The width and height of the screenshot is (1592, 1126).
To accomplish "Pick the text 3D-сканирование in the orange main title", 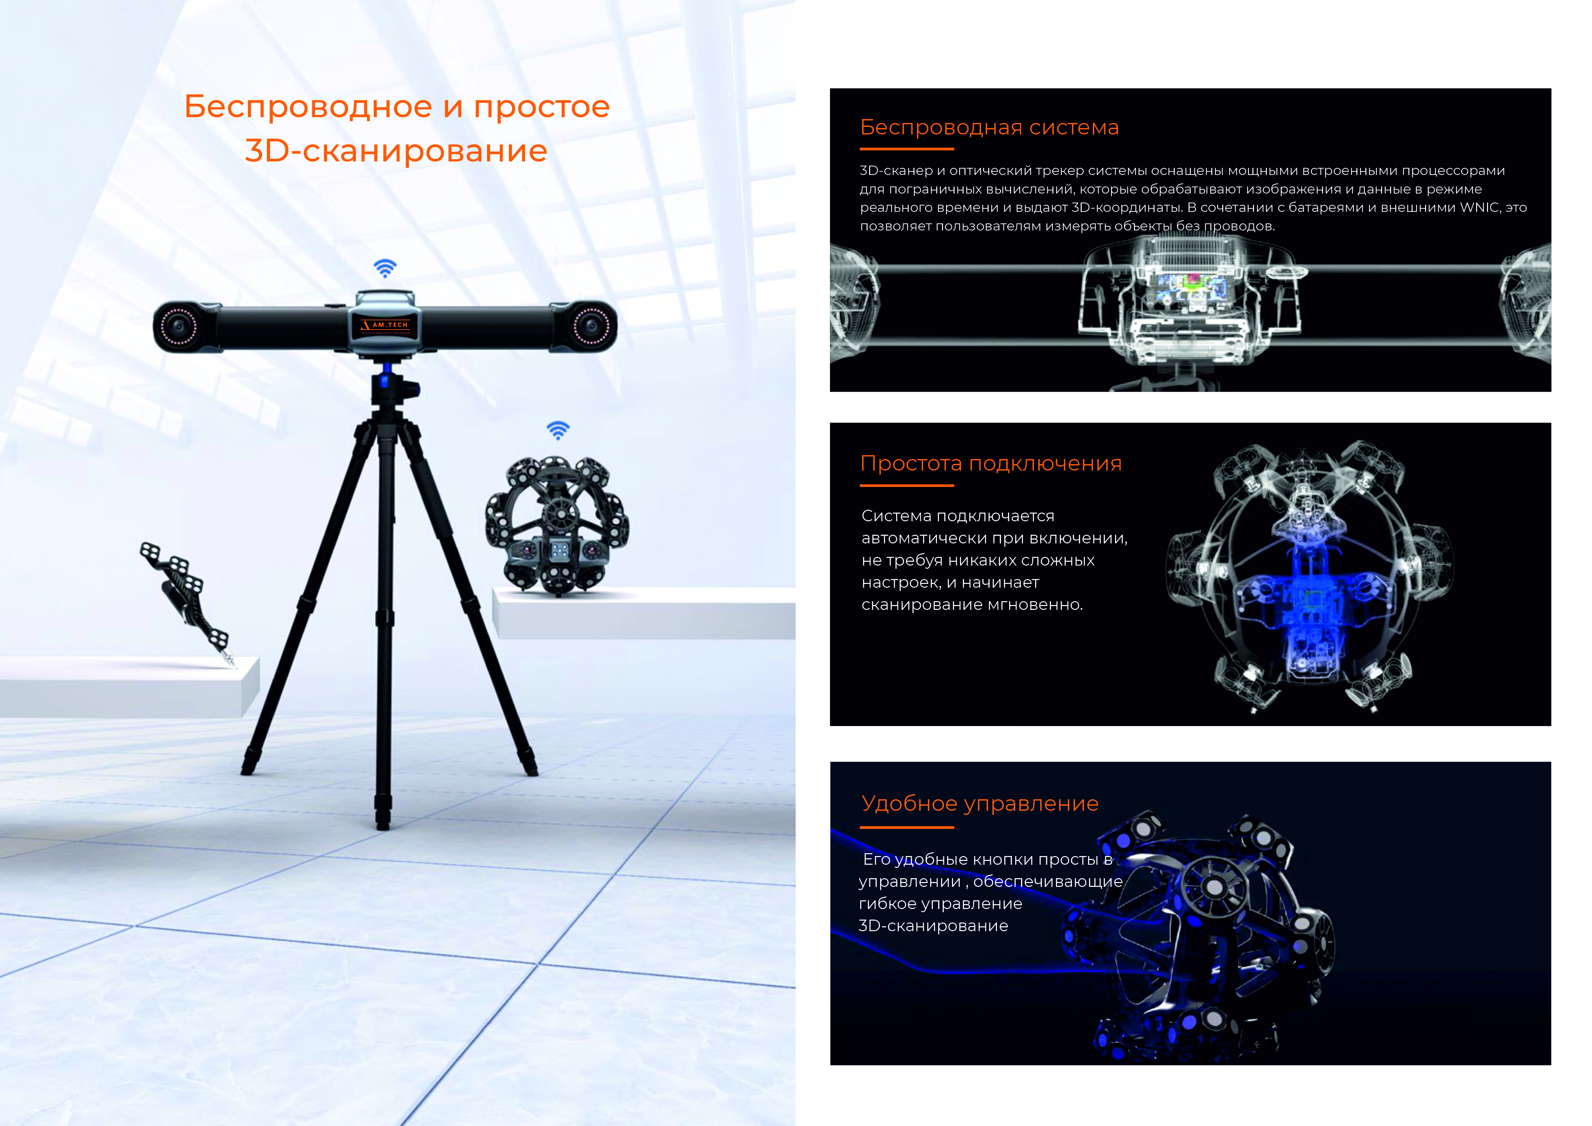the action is coord(396,151).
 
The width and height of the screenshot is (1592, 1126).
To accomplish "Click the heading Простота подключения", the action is coord(991,463).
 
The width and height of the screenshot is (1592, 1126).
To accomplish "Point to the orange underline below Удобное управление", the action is coord(907,827).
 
